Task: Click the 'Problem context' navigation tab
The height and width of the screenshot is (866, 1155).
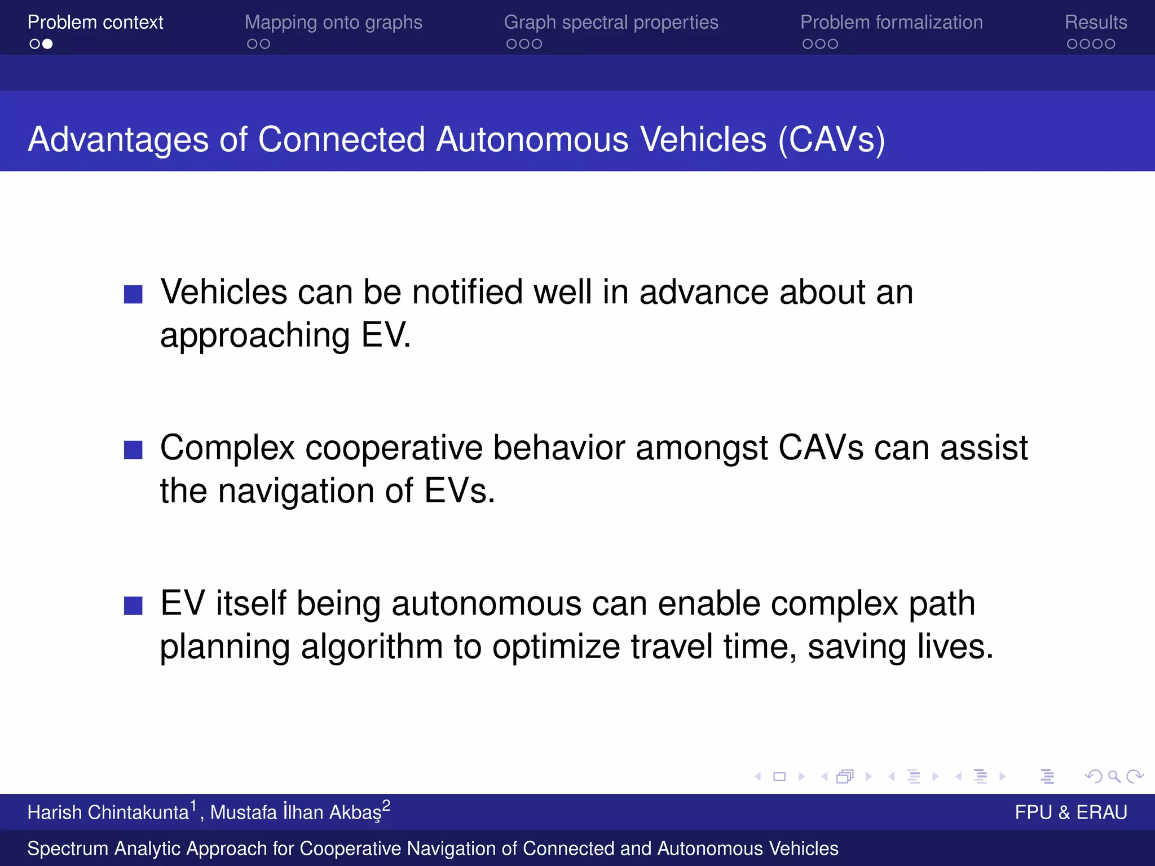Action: (x=95, y=23)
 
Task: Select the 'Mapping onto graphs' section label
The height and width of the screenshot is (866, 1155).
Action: (x=333, y=23)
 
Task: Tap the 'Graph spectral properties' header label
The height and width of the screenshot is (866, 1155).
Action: (x=611, y=23)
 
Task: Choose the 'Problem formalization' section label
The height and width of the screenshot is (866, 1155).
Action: (x=891, y=23)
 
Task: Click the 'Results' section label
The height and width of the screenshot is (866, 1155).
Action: (x=1095, y=23)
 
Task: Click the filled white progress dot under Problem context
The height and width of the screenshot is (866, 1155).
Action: (x=48, y=44)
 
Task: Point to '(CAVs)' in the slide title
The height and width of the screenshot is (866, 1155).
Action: (x=831, y=139)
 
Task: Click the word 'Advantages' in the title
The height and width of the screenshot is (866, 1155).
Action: (x=118, y=139)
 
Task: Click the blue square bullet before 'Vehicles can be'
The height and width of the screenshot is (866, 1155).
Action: (x=133, y=294)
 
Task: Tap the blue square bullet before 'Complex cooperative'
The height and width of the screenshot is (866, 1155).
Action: (x=133, y=450)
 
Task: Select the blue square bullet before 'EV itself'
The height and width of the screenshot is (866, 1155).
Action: (x=133, y=606)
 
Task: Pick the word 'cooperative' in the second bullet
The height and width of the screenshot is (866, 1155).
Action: (x=394, y=448)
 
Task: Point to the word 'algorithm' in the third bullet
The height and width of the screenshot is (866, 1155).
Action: (x=372, y=647)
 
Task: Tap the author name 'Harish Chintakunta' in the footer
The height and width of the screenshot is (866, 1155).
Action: (x=108, y=812)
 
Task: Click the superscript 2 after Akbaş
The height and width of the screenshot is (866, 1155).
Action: (x=386, y=805)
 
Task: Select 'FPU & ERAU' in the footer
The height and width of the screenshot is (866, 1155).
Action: (x=1070, y=812)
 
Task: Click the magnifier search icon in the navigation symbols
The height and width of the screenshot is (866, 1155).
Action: (x=1114, y=777)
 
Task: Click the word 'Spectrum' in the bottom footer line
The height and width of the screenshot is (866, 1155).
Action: (x=68, y=849)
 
